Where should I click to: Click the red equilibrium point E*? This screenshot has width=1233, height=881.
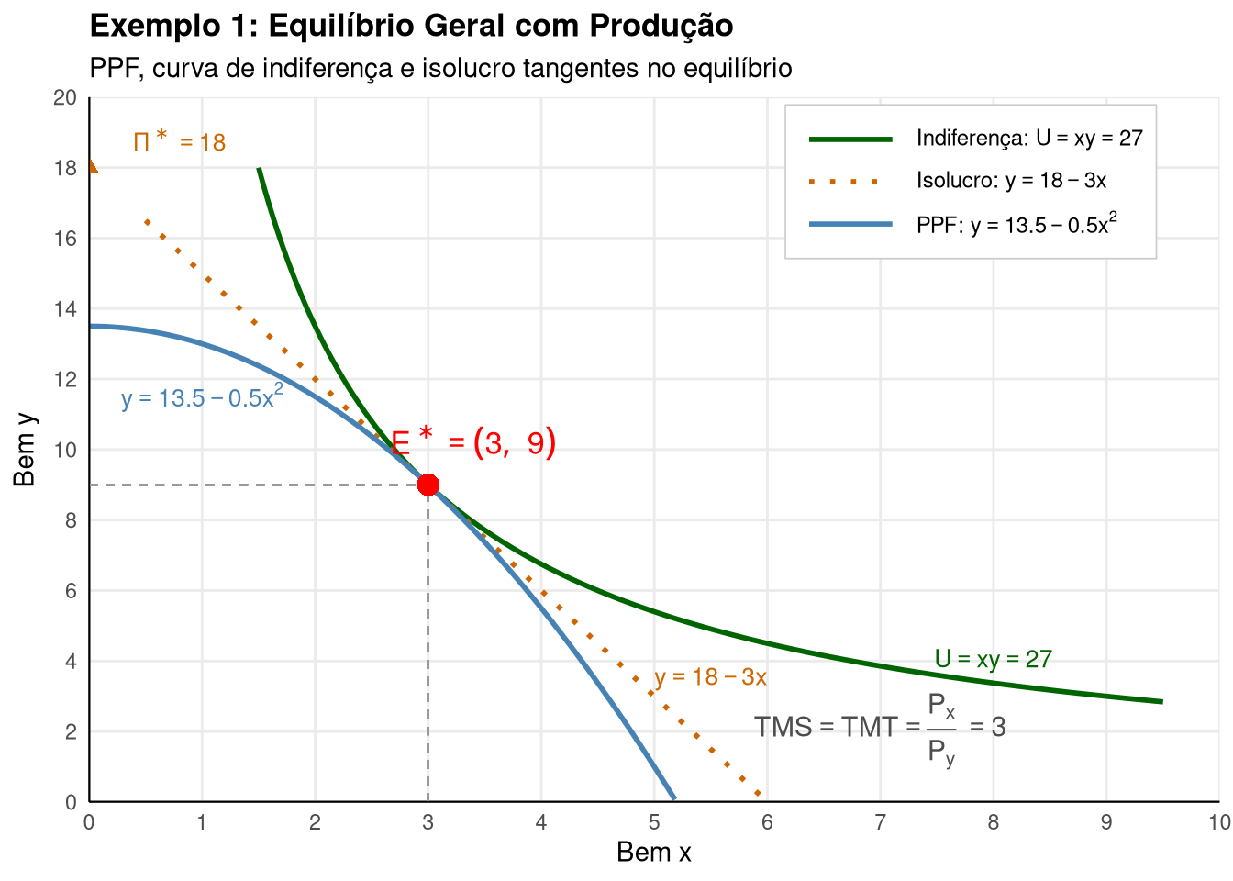click(428, 485)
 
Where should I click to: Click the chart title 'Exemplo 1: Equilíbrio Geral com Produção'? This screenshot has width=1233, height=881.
click(411, 26)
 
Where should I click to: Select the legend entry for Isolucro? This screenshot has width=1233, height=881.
click(957, 181)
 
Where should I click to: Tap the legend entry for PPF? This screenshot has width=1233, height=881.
click(963, 224)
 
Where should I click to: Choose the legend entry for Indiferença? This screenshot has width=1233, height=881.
click(975, 139)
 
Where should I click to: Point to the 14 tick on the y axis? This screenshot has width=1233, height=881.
click(65, 309)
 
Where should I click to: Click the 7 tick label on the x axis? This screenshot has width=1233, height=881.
click(880, 822)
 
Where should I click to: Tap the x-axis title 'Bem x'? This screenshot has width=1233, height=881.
click(654, 852)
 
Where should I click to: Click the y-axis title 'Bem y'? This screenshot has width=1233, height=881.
click(25, 450)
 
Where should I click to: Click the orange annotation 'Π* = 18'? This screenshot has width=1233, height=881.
click(180, 140)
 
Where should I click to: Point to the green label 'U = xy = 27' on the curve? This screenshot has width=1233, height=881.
click(994, 659)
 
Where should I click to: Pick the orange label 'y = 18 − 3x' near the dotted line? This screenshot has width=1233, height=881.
click(710, 677)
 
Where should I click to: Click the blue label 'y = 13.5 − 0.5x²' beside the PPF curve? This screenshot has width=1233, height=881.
click(202, 396)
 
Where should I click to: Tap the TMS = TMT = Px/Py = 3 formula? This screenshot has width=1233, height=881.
click(880, 729)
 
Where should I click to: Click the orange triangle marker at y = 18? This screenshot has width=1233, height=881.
click(94, 166)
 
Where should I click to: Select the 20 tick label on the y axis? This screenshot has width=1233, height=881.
click(65, 97)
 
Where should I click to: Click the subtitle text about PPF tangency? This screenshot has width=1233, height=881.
click(441, 68)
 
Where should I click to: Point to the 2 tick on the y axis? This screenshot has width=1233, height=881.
click(71, 731)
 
